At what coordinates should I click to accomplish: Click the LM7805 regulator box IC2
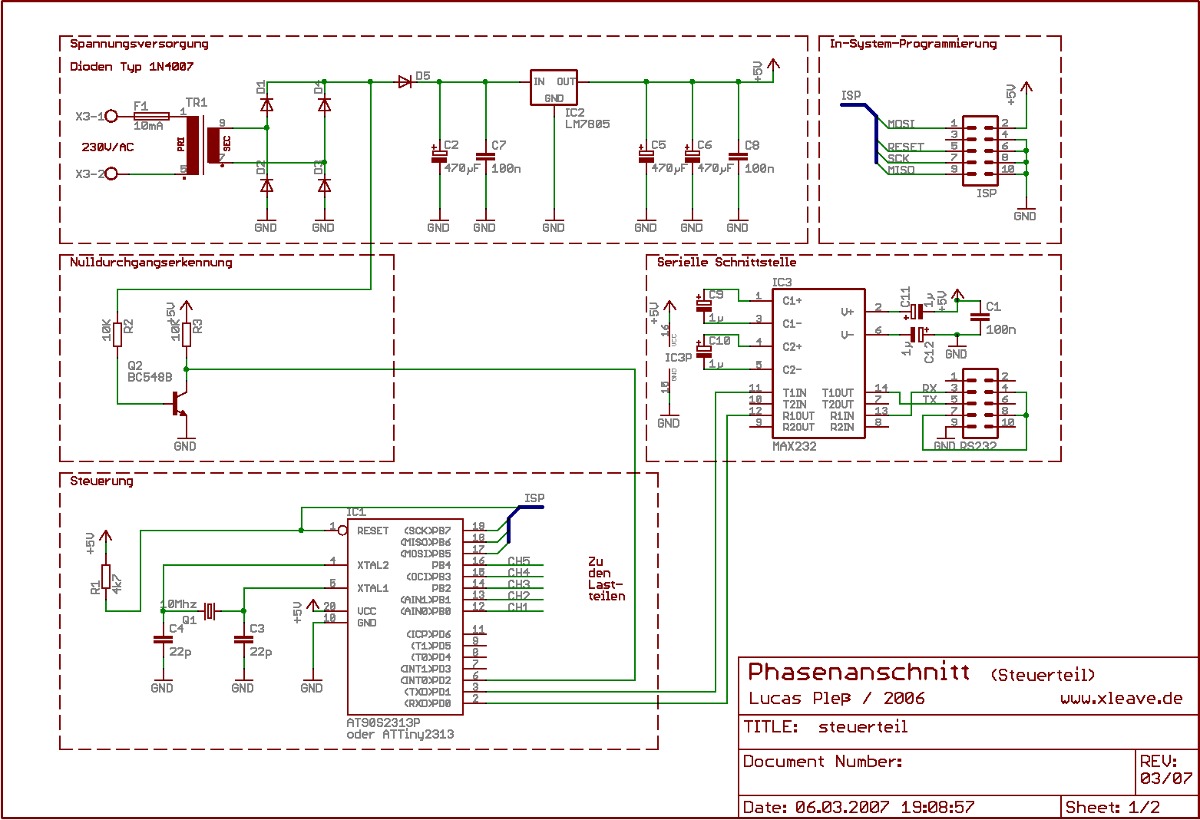point(554,88)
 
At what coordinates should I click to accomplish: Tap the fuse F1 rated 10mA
point(150,116)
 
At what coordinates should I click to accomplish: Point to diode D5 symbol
point(405,81)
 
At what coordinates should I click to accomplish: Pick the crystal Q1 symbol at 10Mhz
point(210,610)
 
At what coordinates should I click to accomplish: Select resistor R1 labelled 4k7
point(106,577)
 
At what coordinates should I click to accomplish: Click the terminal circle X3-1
point(111,116)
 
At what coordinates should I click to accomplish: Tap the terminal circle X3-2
point(111,174)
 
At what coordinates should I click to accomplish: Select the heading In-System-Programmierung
point(912,44)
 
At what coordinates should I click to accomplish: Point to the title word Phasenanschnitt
point(858,672)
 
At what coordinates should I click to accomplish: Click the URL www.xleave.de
point(1121,698)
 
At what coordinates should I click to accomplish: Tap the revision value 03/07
point(1165,778)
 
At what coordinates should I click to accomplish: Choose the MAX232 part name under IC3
point(795,446)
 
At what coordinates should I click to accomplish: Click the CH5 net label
point(519,561)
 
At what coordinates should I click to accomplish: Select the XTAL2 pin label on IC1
point(372,565)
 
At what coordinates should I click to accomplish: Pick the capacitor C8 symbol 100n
point(738,157)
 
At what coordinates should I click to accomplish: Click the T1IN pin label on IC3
point(795,393)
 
